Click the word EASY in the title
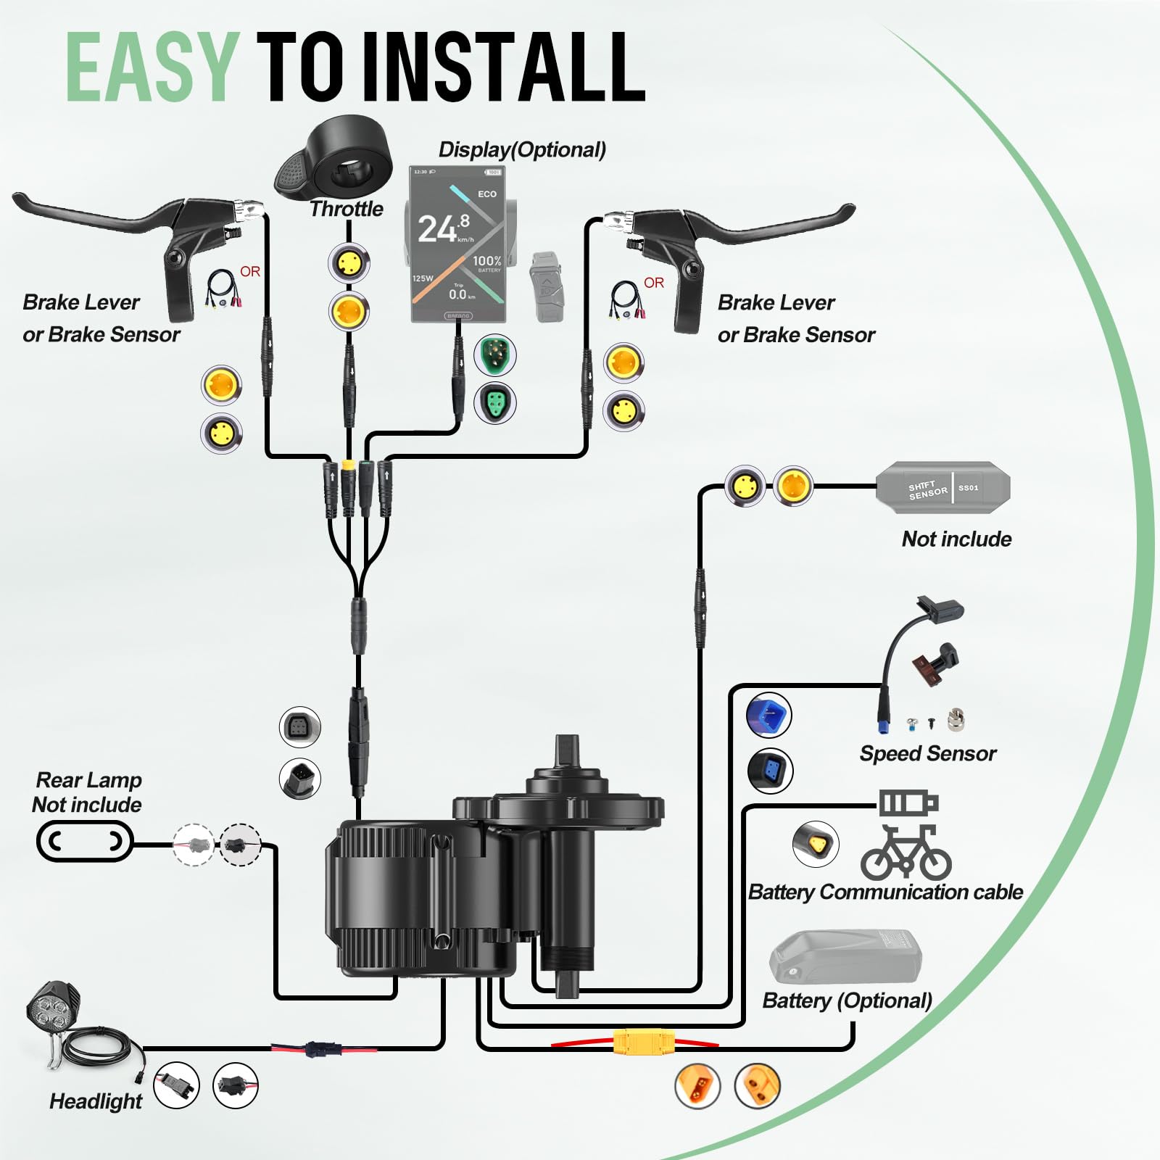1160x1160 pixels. tap(152, 67)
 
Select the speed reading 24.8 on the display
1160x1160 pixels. tap(442, 228)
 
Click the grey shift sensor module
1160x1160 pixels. tap(942, 487)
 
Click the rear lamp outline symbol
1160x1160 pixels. tap(85, 841)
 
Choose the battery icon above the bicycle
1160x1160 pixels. tap(908, 803)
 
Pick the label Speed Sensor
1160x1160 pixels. tap(927, 754)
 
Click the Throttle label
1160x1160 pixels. tap(347, 209)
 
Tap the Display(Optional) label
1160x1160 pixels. tap(522, 150)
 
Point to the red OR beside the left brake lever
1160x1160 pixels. tap(250, 272)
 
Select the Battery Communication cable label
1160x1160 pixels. tap(885, 892)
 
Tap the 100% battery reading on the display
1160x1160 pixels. tap(487, 261)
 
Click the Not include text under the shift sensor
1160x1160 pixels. tap(956, 539)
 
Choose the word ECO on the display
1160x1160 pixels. tap(487, 194)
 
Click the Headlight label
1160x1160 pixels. tap(96, 1101)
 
